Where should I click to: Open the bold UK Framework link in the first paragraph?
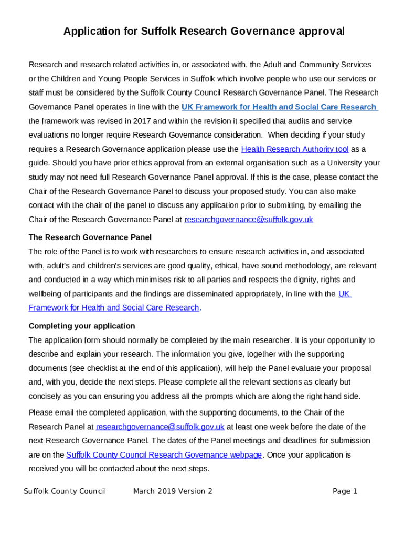pos(279,107)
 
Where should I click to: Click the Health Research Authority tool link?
pos(294,149)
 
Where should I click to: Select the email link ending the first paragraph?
pos(249,220)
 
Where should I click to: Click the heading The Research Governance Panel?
pos(90,237)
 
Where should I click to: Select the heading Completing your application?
pos(81,326)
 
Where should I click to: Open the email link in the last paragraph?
pos(160,427)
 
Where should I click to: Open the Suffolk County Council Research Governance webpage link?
pos(164,454)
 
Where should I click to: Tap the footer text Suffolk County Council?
pos(65,491)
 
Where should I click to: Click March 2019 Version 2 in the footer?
pos(173,491)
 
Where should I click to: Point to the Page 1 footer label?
pos(345,491)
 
